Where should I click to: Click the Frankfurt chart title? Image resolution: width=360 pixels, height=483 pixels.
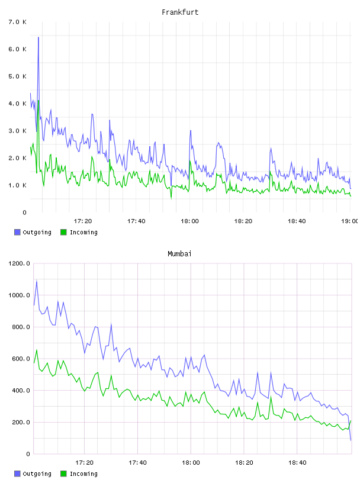pyautogui.click(x=180, y=12)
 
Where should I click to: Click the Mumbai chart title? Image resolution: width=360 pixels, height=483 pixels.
pyautogui.click(x=179, y=254)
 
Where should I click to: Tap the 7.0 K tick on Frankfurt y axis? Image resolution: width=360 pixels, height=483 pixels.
pyautogui.click(x=18, y=22)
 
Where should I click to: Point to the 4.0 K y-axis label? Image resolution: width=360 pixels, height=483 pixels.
pyautogui.click(x=18, y=104)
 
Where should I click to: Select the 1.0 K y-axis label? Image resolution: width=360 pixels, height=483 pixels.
pyautogui.click(x=18, y=185)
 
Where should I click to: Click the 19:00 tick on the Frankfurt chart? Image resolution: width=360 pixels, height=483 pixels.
pyautogui.click(x=350, y=221)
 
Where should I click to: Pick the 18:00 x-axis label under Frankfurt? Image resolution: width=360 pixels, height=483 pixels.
pyautogui.click(x=189, y=221)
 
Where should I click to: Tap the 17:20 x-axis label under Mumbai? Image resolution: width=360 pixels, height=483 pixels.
pyautogui.click(x=84, y=463)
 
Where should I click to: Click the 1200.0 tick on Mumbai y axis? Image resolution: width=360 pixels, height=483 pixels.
pyautogui.click(x=20, y=263)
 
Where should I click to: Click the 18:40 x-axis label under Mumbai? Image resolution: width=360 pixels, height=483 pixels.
pyautogui.click(x=297, y=463)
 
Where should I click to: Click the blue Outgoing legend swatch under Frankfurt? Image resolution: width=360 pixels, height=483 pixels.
pyautogui.click(x=17, y=232)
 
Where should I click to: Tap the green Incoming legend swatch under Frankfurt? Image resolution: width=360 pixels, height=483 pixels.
pyautogui.click(x=63, y=232)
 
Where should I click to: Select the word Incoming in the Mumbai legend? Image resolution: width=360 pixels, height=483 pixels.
pyautogui.click(x=83, y=474)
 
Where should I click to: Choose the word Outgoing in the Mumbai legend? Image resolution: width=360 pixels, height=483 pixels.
pyautogui.click(x=37, y=474)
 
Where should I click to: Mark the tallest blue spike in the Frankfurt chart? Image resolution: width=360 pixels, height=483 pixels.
pyautogui.click(x=38, y=37)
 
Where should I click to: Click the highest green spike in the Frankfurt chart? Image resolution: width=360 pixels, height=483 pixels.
pyautogui.click(x=38, y=101)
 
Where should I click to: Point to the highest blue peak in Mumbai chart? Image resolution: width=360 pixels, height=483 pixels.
pyautogui.click(x=37, y=281)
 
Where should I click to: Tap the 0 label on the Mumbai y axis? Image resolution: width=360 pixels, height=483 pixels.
pyautogui.click(x=28, y=454)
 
